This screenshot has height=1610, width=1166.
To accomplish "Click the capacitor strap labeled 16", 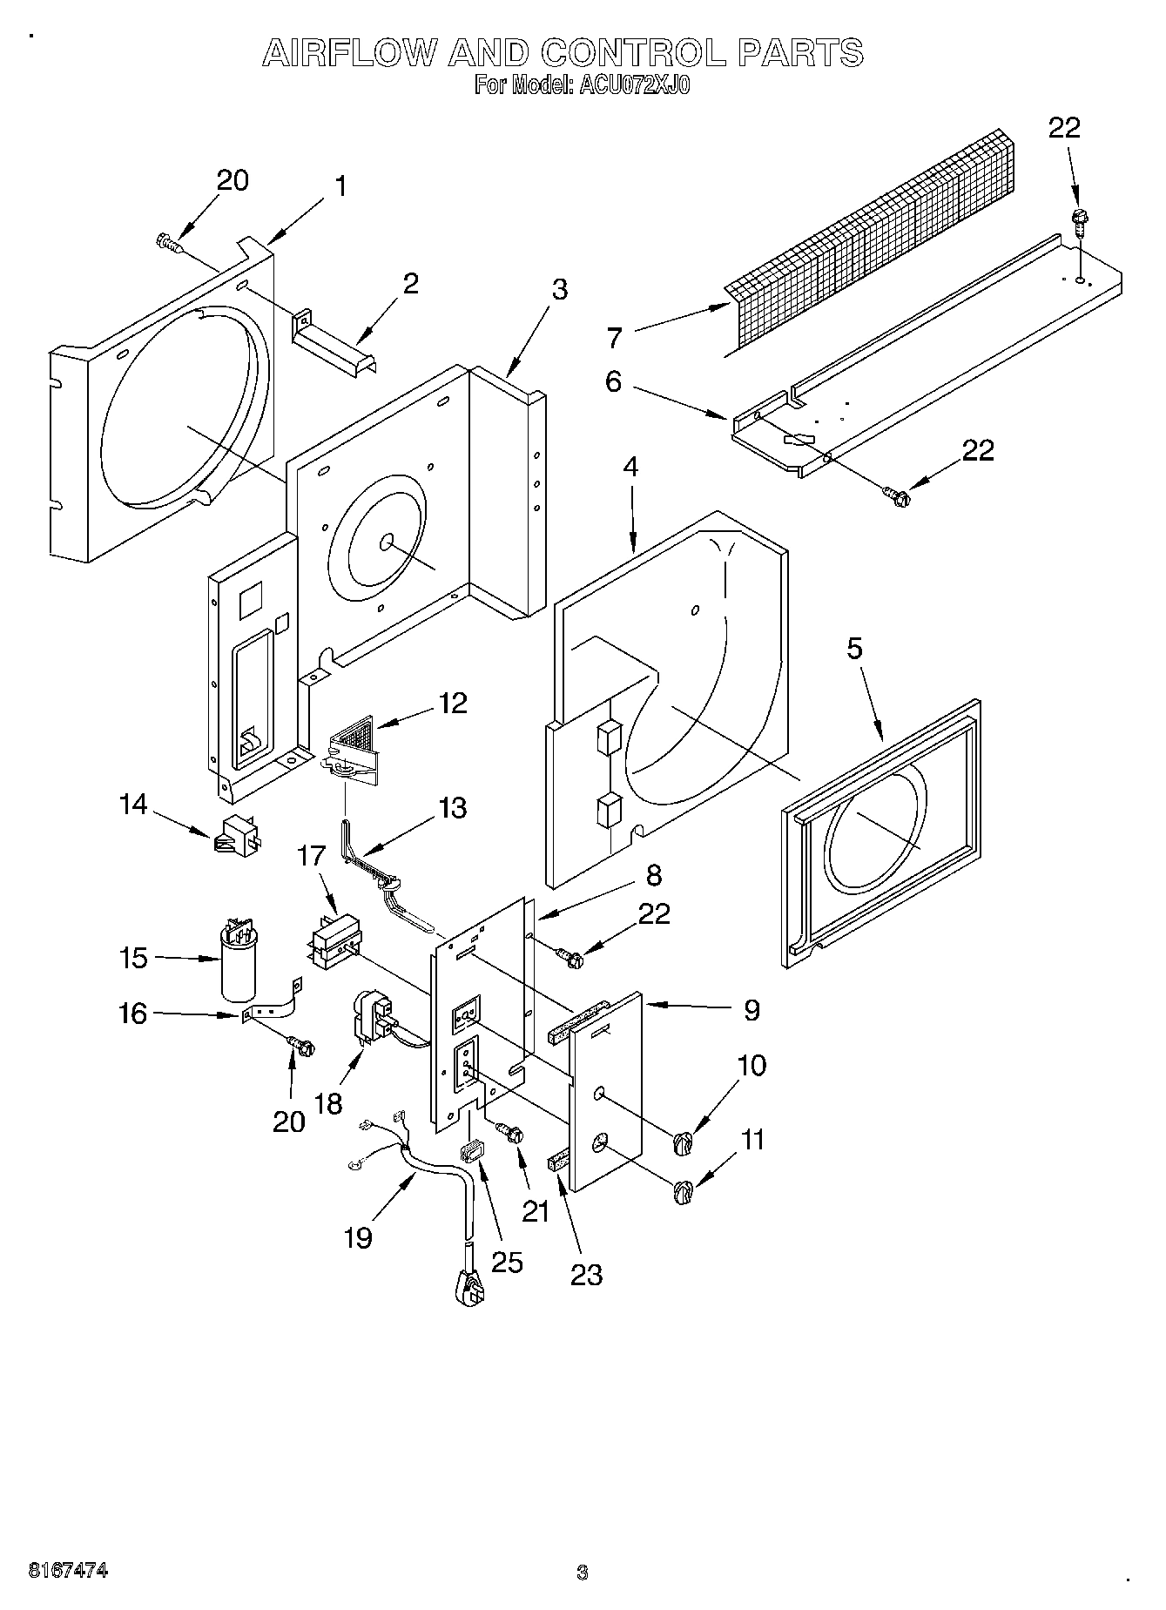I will coord(273,1007).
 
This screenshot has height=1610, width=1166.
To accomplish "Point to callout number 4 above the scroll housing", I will coord(630,467).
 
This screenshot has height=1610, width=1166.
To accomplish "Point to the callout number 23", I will coord(586,1275).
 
